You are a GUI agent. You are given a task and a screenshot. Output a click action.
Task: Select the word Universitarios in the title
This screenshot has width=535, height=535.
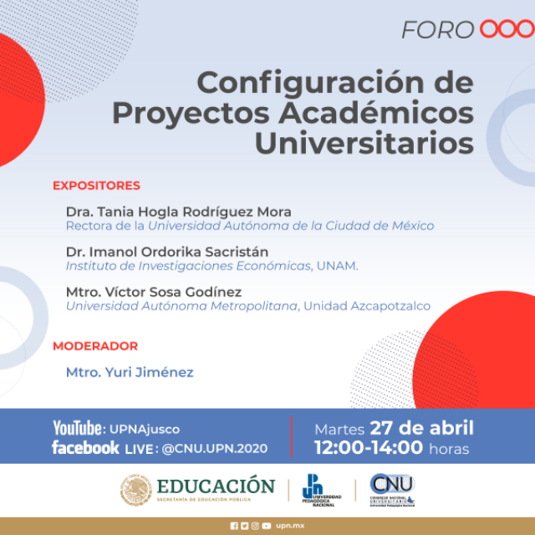pos(364,141)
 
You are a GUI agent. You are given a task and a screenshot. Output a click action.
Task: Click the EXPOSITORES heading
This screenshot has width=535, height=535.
pos(96,186)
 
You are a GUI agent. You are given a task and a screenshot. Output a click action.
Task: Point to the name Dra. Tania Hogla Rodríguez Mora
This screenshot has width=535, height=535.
pos(178,211)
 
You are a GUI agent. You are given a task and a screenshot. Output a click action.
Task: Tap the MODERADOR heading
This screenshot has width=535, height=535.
pos(95,346)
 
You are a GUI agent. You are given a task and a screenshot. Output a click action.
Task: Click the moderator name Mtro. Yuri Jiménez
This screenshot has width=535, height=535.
pos(130,372)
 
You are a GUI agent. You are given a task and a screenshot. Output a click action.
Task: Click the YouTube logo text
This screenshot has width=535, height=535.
pos(79,429)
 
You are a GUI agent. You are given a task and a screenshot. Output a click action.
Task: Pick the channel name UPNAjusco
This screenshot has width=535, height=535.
pos(145,430)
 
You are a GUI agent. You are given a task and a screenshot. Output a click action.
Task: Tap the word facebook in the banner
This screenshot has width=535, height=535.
pos(85,448)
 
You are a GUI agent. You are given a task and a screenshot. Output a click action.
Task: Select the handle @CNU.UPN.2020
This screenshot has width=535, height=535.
pos(215,449)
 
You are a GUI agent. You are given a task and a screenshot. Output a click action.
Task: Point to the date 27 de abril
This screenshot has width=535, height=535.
pos(421,429)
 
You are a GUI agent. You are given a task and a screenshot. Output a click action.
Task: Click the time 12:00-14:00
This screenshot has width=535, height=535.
pos(369,448)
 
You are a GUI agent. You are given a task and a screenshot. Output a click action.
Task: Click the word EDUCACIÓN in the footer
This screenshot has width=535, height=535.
pos(216,487)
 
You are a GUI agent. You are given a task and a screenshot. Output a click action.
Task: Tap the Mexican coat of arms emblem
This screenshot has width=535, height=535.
pos(136,492)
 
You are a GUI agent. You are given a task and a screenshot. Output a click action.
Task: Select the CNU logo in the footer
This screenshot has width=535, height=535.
pos(392,489)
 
